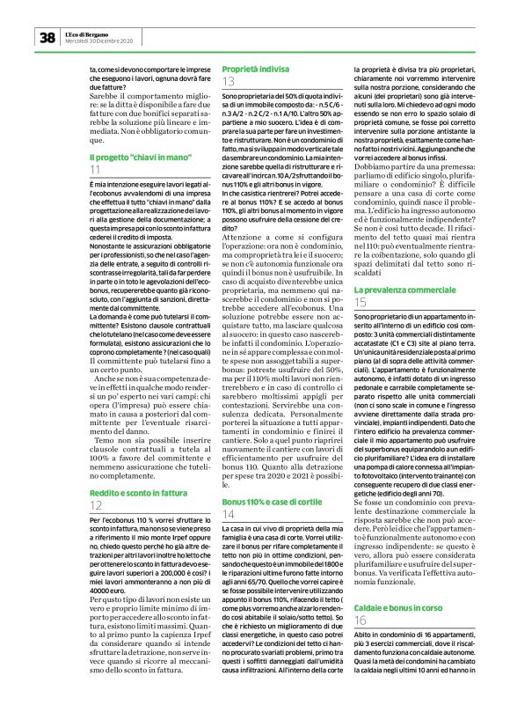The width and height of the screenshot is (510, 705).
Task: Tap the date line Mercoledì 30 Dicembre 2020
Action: [x=100, y=40]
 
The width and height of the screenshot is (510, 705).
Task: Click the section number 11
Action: [x=95, y=169]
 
